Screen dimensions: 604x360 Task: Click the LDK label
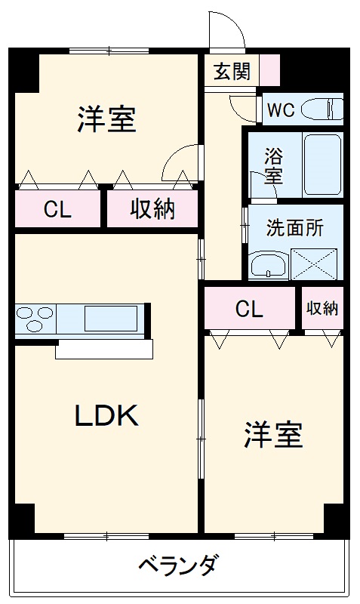(106, 415)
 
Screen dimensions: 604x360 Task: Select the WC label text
(280, 109)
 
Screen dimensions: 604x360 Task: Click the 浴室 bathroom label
(272, 167)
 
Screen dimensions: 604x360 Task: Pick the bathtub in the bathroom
(322, 165)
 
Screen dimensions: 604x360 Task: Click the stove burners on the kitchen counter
(35, 318)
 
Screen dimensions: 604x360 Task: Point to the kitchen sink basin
(110, 318)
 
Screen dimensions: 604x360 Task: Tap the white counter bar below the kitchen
(104, 349)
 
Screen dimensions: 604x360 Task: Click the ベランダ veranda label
(179, 565)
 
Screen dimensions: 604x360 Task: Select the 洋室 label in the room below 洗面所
(272, 436)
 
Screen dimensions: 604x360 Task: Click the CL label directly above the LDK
(57, 210)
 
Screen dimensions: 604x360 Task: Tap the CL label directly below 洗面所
(249, 309)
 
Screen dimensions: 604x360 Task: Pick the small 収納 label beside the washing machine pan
(322, 309)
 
